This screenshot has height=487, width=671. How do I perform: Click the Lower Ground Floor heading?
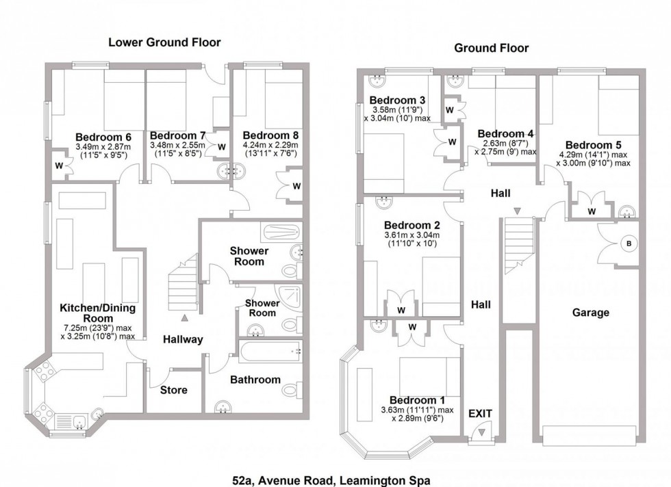point(164,42)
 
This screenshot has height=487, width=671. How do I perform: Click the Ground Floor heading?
point(492,48)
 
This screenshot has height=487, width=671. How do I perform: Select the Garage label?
point(590,313)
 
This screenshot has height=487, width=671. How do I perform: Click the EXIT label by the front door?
point(481,413)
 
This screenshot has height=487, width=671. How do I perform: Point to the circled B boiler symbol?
point(626,243)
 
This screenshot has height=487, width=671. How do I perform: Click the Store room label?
point(174,391)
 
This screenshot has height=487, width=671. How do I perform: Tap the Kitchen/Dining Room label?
point(97,313)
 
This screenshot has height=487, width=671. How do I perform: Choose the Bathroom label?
point(255,380)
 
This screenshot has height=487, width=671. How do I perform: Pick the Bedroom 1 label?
point(412,400)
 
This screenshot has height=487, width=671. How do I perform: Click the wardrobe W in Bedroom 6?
point(59,165)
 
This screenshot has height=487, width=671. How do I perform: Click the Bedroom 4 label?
point(505,133)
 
